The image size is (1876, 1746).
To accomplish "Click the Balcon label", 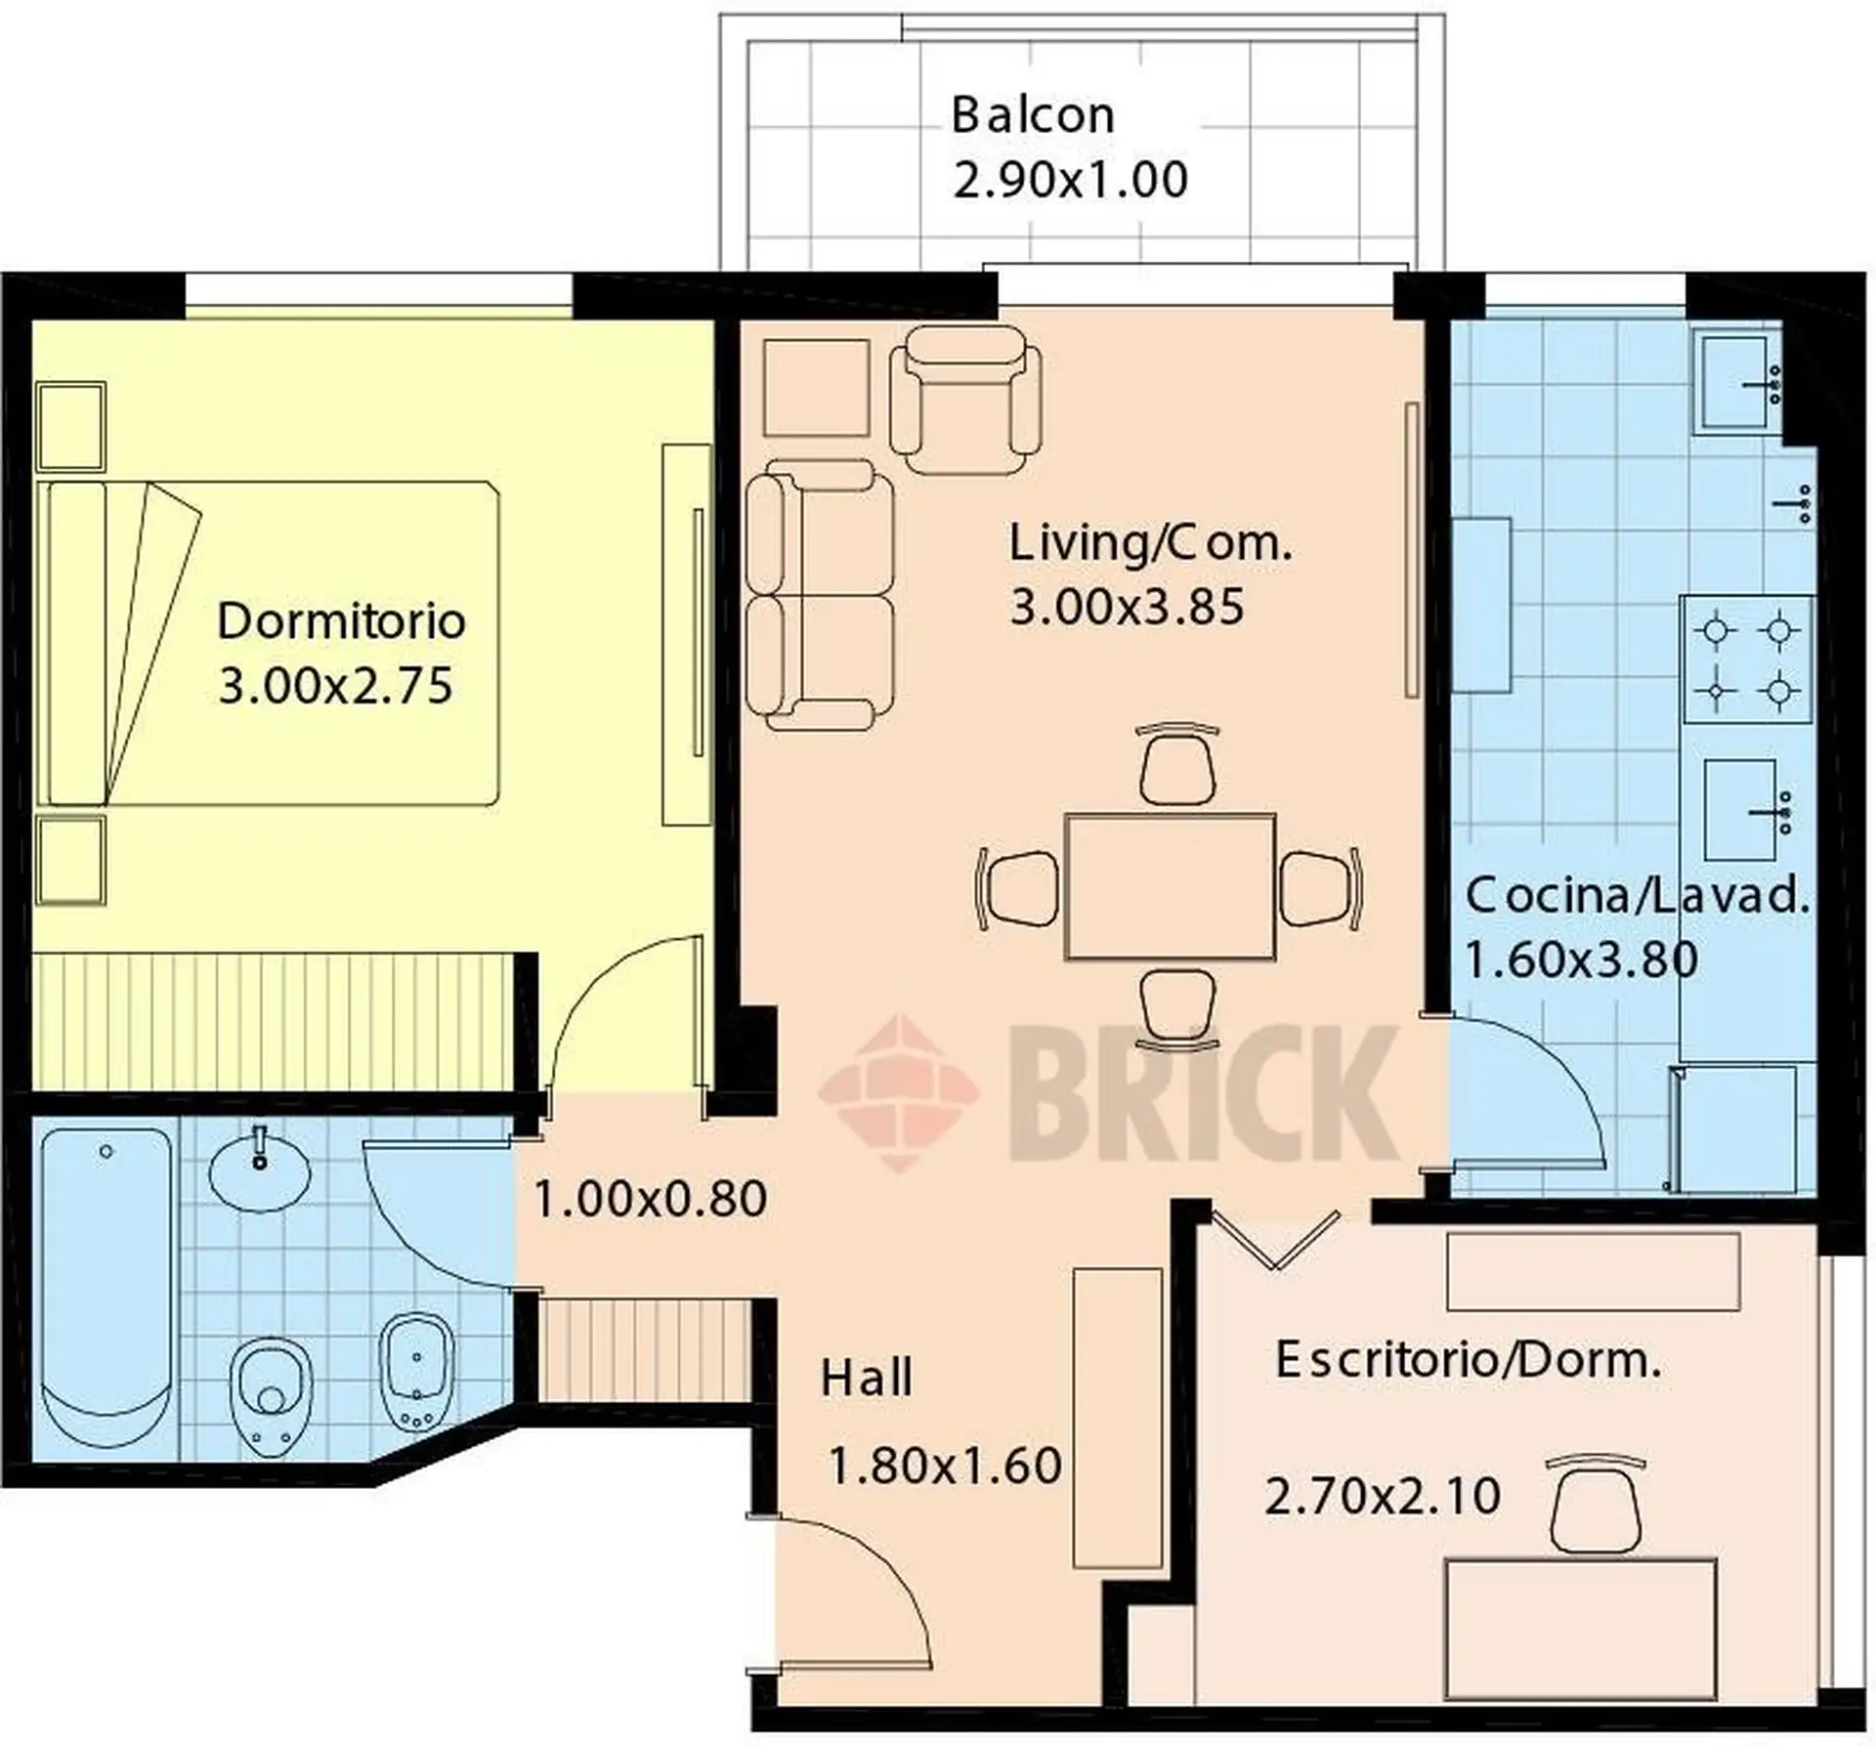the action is (x=1033, y=115).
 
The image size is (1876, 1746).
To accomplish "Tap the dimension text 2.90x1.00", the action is (x=1071, y=181).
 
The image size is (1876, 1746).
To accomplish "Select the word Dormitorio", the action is (x=341, y=621).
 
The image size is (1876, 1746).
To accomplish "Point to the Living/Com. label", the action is (x=1150, y=544).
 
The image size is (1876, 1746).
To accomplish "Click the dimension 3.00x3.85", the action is (x=1127, y=607).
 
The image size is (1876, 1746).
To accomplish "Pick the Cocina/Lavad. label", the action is (x=1638, y=896).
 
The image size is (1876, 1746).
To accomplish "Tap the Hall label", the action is (x=866, y=1378).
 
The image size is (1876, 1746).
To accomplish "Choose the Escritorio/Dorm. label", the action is (x=1469, y=1360).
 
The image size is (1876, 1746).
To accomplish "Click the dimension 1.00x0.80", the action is (x=650, y=1200).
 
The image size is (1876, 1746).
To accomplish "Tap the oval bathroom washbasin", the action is (x=259, y=1171).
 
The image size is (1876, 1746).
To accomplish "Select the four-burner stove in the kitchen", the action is (x=1747, y=660).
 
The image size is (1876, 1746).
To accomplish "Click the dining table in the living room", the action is (x=1170, y=886).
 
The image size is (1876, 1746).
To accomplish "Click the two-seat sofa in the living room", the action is (x=819, y=596).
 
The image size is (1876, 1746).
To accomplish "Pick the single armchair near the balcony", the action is (x=965, y=401).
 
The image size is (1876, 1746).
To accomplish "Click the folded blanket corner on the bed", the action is (x=152, y=640).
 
